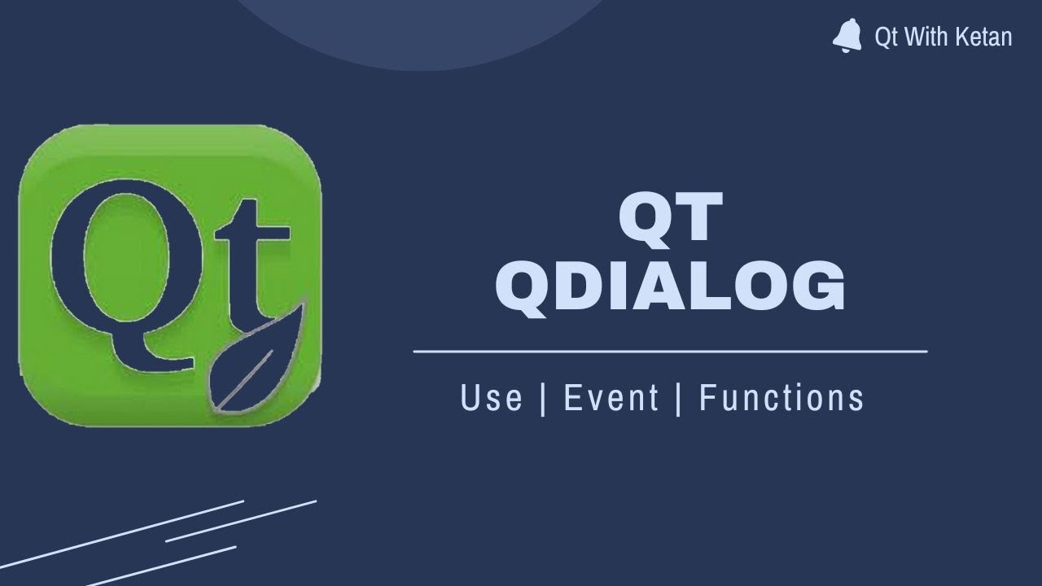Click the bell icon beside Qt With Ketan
[847, 37]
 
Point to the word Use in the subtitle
[491, 398]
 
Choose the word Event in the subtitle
[611, 398]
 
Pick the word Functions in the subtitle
[781, 398]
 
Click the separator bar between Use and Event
[543, 398]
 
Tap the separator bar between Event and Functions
[679, 398]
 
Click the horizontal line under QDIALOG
[670, 352]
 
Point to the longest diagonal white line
[122, 533]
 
